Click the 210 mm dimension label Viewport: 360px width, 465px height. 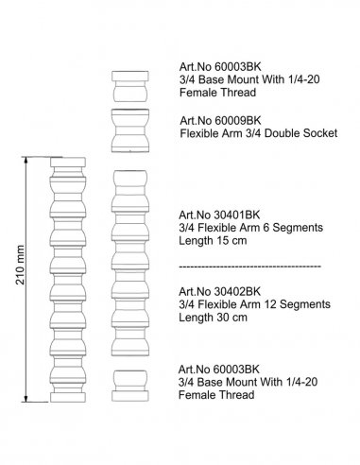[20, 265]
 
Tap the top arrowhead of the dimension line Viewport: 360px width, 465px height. [26, 160]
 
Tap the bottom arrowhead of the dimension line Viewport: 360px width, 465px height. [26, 399]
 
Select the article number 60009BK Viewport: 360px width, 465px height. [238, 120]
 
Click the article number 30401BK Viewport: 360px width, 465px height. [237, 215]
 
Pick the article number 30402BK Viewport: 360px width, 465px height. [237, 291]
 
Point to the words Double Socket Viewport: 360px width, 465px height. [301, 133]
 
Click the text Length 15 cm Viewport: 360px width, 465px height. [213, 241]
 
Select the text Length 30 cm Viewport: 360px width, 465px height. [213, 318]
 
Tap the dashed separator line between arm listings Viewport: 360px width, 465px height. [250, 267]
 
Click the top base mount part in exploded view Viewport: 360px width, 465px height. [130, 86]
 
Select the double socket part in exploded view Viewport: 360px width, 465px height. [130, 130]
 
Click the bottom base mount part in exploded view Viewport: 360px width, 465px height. [130, 386]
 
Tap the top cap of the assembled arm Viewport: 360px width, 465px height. [68, 163]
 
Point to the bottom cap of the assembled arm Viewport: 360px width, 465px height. [68, 397]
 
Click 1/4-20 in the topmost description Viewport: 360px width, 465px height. [303, 79]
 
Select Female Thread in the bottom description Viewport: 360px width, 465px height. [216, 395]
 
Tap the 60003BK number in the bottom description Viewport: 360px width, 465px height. [236, 369]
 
